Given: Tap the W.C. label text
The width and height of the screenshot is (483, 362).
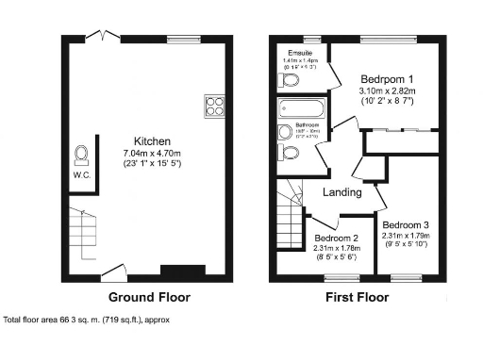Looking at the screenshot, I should tap(80, 174).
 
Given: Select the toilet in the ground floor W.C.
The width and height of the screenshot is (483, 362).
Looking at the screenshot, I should tap(82, 154).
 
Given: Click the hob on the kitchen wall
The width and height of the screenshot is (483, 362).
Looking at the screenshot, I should tap(212, 106).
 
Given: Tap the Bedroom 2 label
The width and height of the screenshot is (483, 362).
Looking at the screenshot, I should tap(336, 238).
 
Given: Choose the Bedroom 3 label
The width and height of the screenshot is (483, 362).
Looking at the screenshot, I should tap(406, 224).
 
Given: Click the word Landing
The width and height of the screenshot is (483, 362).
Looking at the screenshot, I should tap(342, 192).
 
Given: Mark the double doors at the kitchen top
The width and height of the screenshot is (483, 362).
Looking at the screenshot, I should tap(98, 36).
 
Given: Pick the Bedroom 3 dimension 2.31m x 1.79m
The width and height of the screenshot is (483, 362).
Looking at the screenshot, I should tap(406, 237).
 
